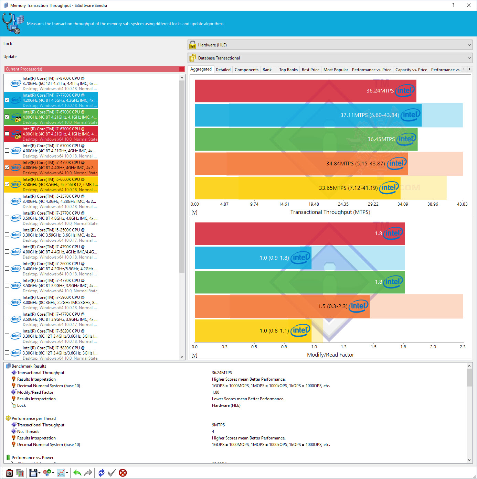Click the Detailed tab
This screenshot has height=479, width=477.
tap(223, 70)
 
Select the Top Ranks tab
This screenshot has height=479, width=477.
tap(288, 70)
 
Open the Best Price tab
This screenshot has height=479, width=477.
tap(310, 70)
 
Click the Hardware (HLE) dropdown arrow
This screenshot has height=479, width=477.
tap(469, 45)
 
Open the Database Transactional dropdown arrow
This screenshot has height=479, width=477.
tap(469, 58)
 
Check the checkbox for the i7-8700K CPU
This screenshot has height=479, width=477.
tap(7, 83)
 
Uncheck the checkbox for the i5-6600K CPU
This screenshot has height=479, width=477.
tap(7, 184)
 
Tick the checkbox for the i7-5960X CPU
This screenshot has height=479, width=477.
tap(7, 302)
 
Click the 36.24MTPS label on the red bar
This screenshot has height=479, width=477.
tap(380, 91)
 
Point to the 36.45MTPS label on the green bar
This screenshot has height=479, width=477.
tap(381, 139)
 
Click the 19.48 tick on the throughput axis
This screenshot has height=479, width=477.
tap(314, 204)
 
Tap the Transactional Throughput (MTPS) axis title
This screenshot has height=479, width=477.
tap(330, 212)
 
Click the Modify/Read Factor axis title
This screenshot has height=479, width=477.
tap(330, 355)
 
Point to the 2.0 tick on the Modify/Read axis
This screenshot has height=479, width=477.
tap(433, 347)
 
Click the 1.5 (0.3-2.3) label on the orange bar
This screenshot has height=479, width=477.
tap(332, 306)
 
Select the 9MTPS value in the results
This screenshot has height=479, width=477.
tap(218, 425)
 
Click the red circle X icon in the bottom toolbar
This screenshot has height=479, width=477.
tap(123, 473)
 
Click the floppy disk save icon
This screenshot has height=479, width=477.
tap(33, 473)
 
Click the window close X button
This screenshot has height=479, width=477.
tap(469, 5)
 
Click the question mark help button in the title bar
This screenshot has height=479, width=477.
tap(453, 5)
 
